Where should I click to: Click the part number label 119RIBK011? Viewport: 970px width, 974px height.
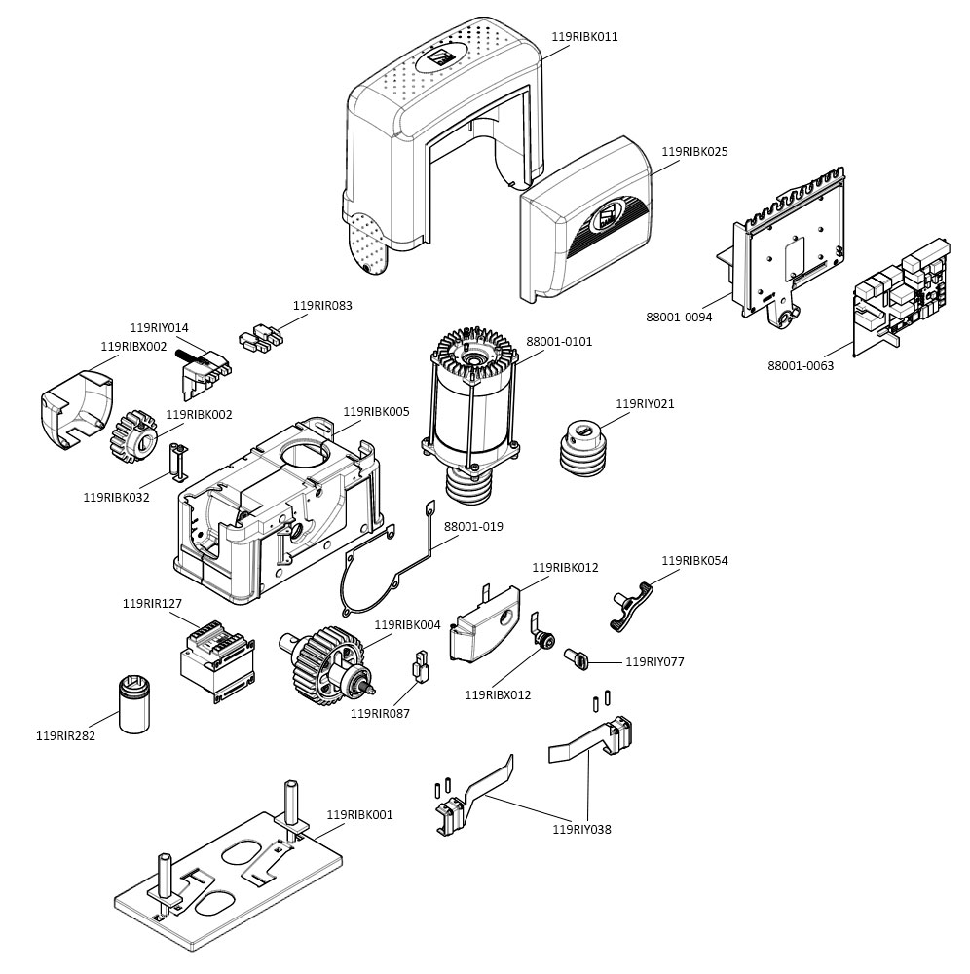click(584, 37)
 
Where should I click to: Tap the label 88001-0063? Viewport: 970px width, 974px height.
click(801, 366)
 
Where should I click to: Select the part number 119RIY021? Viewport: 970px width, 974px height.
click(645, 403)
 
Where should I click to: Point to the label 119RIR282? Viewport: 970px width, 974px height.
click(65, 735)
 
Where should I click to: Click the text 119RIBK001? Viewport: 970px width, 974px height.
click(359, 814)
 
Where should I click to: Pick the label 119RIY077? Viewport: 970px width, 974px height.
click(654, 661)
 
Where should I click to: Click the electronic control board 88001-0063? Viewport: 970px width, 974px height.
click(901, 292)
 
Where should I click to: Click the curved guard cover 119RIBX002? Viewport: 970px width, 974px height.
click(73, 409)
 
